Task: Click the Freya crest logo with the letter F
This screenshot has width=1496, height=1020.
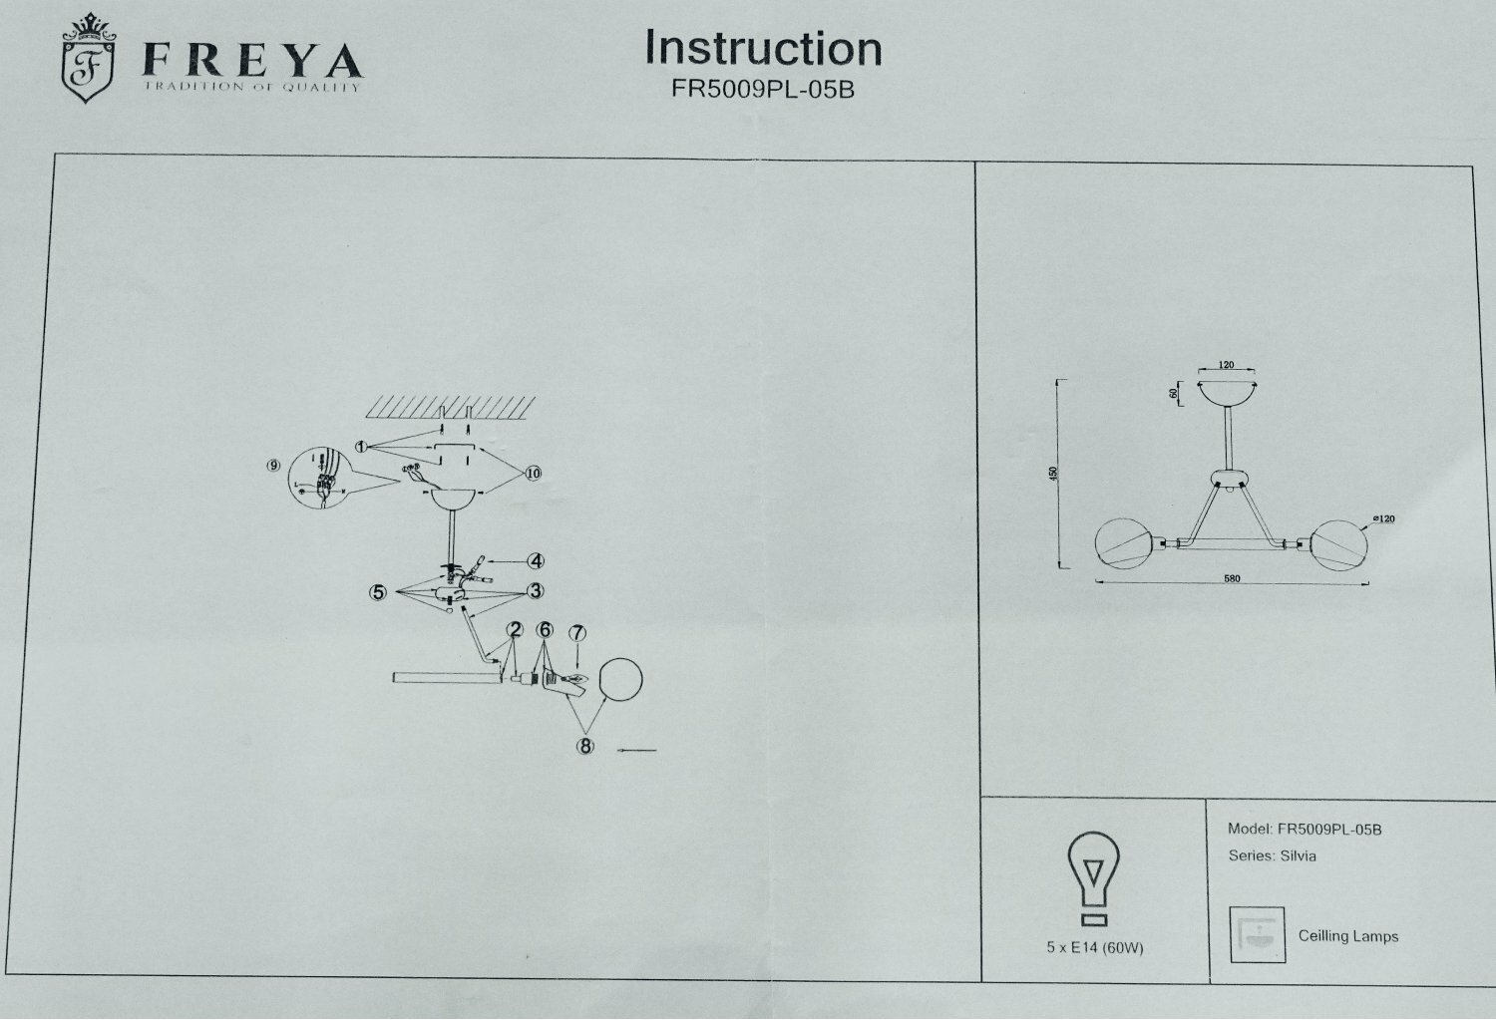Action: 88,62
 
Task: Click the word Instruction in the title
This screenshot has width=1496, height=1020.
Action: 763,48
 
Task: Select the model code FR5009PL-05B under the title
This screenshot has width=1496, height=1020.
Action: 763,89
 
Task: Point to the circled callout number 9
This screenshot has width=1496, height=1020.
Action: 273,467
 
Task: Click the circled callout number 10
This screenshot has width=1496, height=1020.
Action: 533,473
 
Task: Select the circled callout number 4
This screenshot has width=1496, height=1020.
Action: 536,560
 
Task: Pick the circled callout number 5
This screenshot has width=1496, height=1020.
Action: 377,591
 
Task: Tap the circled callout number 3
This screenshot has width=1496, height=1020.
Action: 536,590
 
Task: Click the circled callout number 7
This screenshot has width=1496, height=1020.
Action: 577,632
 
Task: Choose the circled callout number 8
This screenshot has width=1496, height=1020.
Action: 585,745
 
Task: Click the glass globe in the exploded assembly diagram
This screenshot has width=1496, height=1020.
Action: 620,683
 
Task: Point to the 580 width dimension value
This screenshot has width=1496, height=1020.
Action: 1232,579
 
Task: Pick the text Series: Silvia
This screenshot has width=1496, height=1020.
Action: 1272,855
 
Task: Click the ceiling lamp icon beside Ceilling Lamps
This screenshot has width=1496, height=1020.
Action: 1257,935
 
